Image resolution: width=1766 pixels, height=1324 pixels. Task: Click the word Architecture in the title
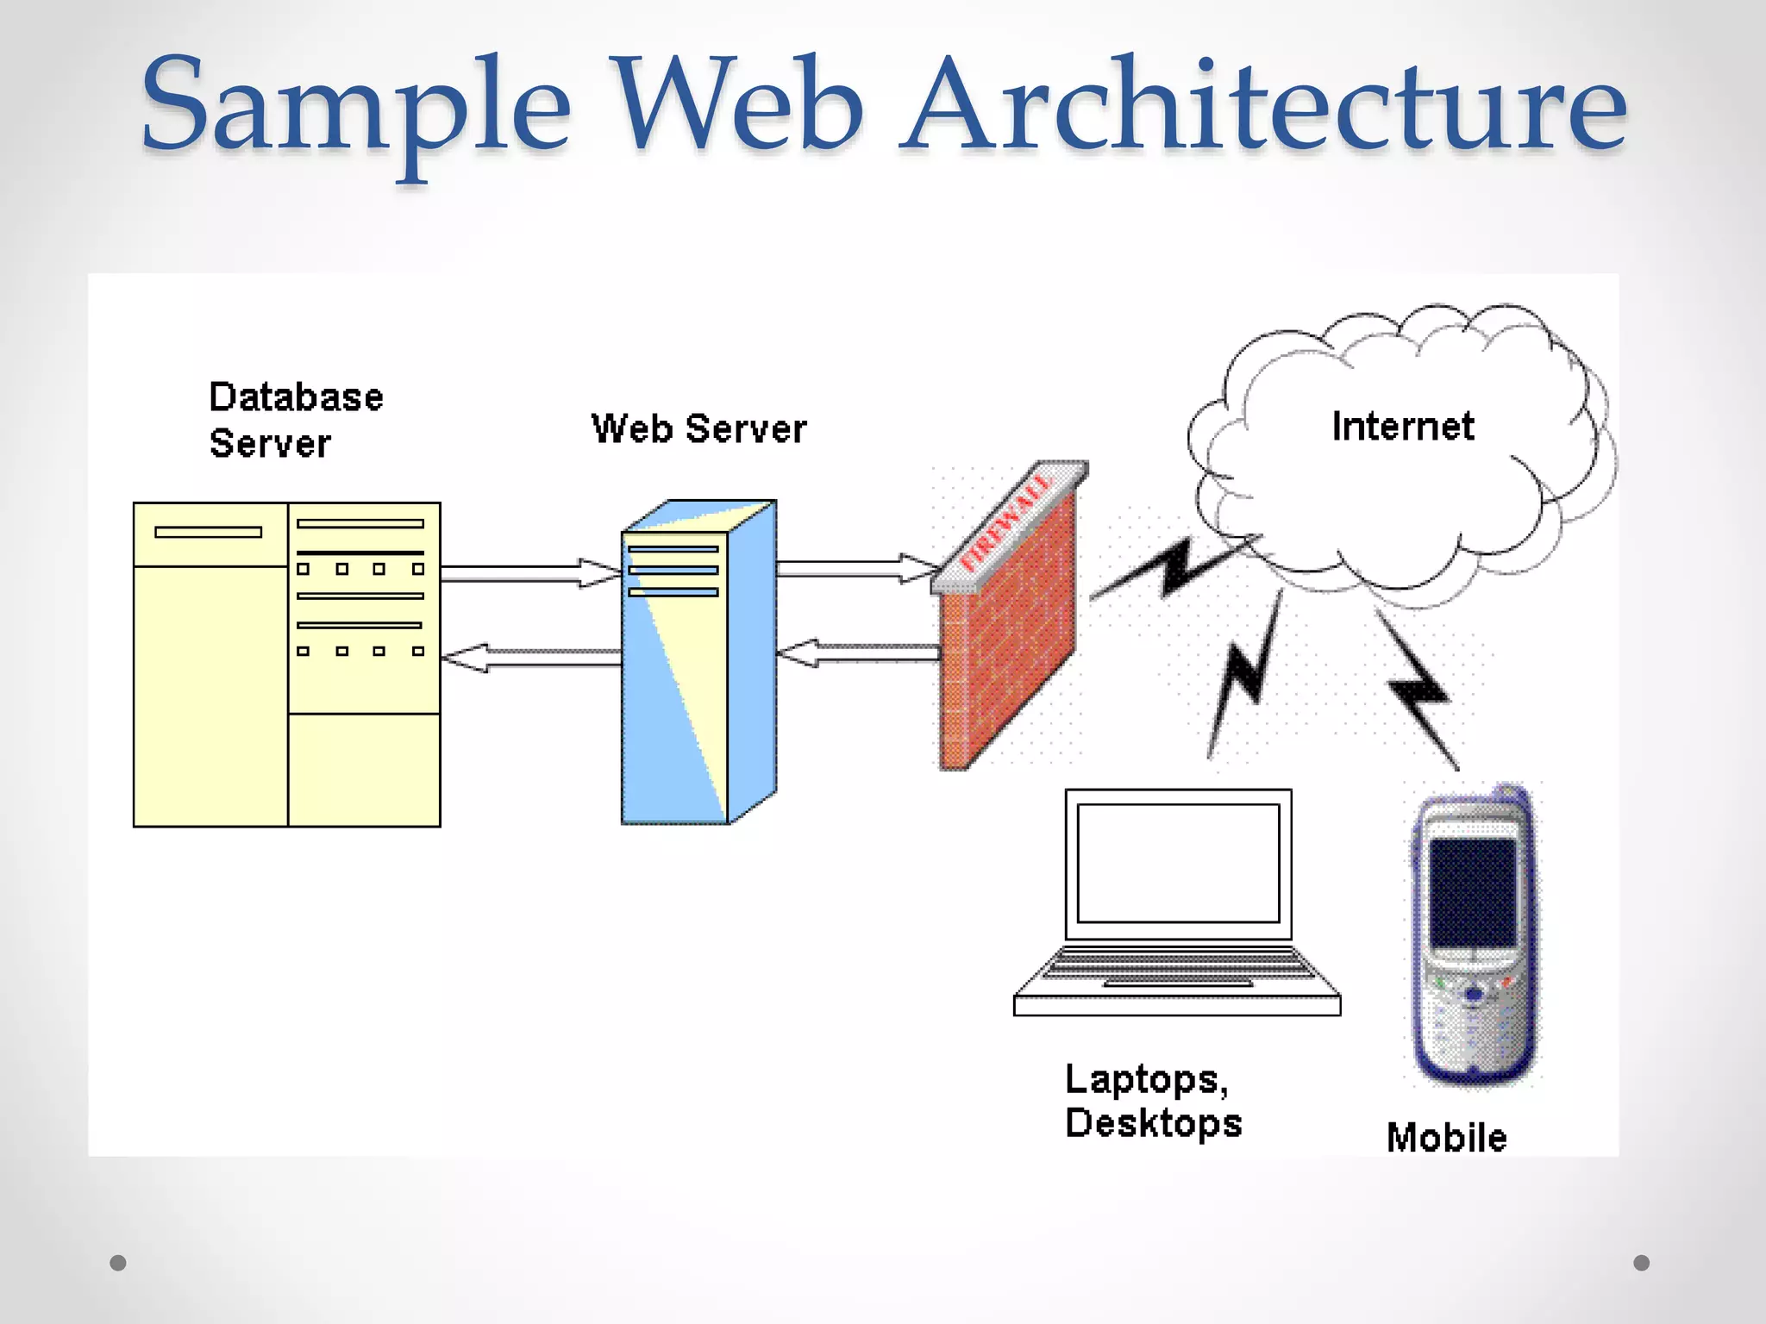tap(1263, 108)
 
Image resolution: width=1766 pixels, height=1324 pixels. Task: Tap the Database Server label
tap(295, 420)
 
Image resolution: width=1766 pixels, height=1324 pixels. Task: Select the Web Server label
tap(698, 428)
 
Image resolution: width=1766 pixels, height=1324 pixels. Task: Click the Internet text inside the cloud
tap(1403, 427)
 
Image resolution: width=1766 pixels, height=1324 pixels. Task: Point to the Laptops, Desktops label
tap(1153, 1101)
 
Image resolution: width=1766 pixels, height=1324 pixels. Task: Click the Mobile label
tap(1446, 1138)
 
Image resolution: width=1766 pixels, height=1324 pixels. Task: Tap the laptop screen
tap(1178, 863)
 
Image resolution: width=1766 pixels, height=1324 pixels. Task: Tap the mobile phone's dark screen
tap(1473, 892)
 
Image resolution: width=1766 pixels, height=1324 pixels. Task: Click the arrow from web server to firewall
tap(854, 568)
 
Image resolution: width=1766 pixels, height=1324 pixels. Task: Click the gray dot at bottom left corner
tap(118, 1263)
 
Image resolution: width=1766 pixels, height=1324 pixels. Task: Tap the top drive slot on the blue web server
tap(673, 549)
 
